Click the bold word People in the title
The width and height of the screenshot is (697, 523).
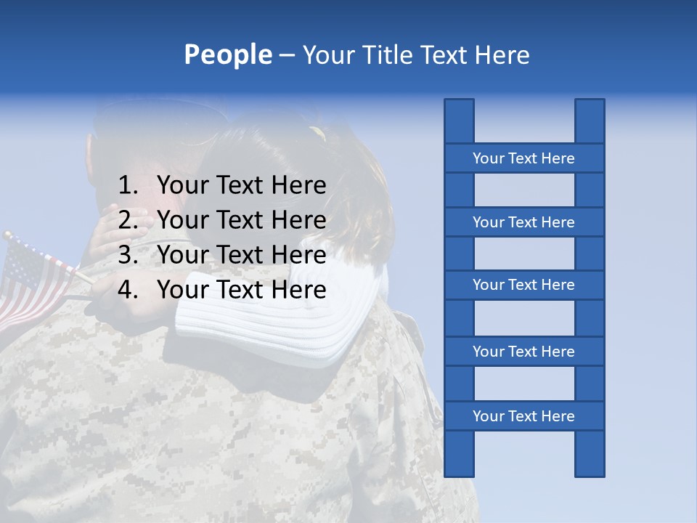click(x=227, y=55)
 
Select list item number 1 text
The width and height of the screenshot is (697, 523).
click(x=241, y=186)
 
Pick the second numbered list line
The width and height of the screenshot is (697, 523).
click(x=241, y=220)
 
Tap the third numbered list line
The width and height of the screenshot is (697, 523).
click(x=241, y=255)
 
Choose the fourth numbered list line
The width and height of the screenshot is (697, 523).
click(x=241, y=290)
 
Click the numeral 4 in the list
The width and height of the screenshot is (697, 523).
click(x=127, y=290)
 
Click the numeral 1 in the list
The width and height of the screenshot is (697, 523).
click(x=127, y=186)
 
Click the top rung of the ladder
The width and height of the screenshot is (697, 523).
click(x=523, y=158)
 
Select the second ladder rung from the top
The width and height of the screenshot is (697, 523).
click(x=523, y=222)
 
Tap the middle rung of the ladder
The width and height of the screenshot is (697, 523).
click(x=523, y=285)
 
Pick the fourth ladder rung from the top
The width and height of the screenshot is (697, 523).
click(x=523, y=352)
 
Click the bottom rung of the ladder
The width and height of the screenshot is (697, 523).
click(x=523, y=416)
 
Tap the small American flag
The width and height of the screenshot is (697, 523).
click(x=33, y=280)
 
